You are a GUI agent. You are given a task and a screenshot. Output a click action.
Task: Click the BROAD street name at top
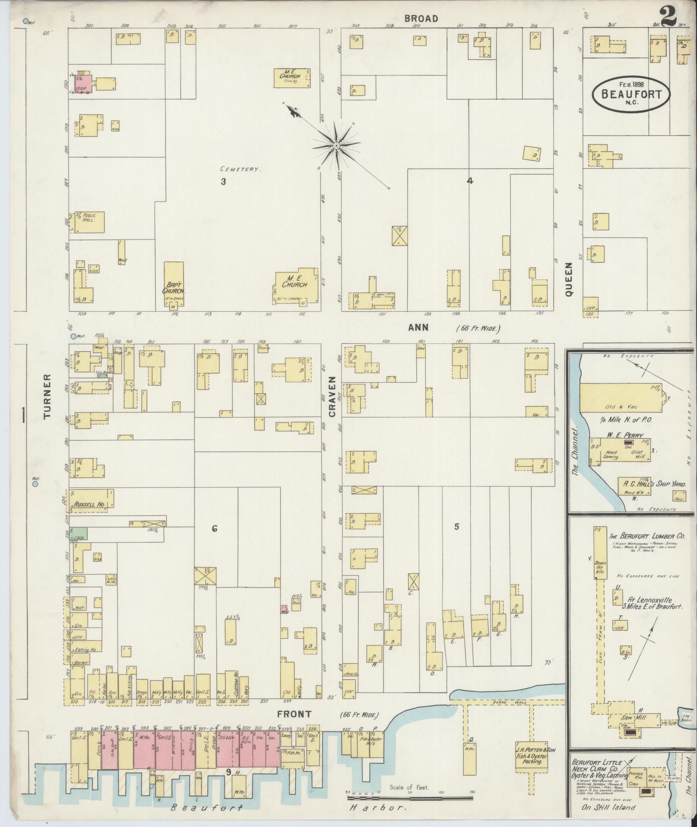[421, 19]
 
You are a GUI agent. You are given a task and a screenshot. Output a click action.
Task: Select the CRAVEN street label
[332, 396]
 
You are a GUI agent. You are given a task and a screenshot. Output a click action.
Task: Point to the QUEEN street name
[568, 278]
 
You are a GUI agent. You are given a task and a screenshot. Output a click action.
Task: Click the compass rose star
[336, 146]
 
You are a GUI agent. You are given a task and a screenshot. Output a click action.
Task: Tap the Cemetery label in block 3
[240, 169]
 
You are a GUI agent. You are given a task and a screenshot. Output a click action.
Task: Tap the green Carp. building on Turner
[78, 533]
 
